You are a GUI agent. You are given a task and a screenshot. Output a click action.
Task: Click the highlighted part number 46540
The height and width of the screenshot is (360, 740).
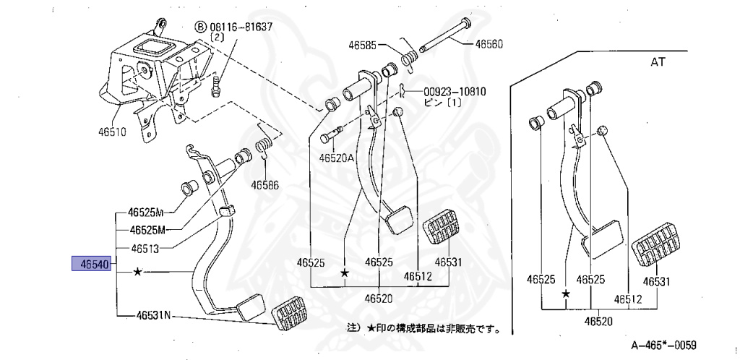click(x=90, y=265)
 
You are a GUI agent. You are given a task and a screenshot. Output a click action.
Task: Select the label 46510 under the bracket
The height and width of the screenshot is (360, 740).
click(x=113, y=133)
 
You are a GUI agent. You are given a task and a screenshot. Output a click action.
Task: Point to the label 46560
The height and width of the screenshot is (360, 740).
click(x=489, y=44)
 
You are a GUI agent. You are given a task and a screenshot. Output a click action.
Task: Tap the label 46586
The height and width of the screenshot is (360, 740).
click(x=264, y=184)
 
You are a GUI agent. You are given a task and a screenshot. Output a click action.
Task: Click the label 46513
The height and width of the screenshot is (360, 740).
click(x=147, y=248)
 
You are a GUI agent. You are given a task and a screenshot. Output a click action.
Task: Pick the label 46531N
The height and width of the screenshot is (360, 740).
click(x=152, y=315)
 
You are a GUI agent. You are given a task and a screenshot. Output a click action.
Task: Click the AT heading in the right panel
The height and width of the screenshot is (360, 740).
click(x=658, y=63)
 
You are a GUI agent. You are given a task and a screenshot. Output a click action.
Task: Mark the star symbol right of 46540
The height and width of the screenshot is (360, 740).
click(x=137, y=273)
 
